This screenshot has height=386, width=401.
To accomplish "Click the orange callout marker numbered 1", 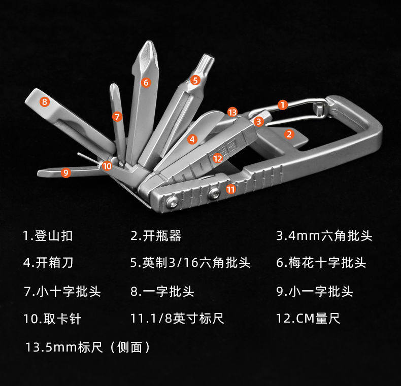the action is coord(283,105).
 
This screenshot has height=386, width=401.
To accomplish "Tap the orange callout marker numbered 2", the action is coord(289,134).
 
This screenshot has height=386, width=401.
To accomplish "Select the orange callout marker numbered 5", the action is coord(195,80).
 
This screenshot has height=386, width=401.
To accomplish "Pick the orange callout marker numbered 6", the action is coord(146,82).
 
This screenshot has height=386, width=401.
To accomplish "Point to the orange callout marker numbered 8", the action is coord(45,101).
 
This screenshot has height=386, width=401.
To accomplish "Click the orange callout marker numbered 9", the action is coord(65,172).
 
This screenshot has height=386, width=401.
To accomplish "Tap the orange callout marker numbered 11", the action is coord(231,190).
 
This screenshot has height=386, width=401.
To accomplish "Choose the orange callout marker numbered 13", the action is coord(232,112).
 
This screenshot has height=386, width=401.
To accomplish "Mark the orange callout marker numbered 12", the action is coord(218,158).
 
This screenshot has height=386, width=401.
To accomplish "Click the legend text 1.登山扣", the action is coord(48,236).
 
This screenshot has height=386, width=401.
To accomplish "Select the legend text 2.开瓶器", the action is coord(156,236).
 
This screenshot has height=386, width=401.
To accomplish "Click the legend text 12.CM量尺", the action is coord(308,319).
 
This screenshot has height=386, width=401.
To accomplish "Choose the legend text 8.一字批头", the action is coord(162,291).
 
